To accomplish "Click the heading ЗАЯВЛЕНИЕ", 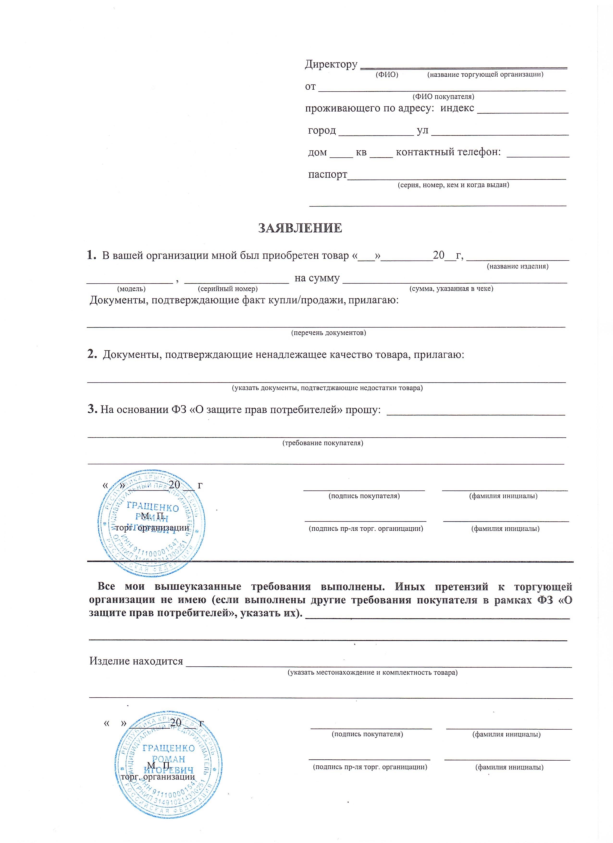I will click(x=300, y=228).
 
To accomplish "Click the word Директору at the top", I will click(x=331, y=64).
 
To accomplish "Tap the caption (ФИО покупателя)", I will click(x=443, y=97).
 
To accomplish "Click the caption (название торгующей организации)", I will click(x=485, y=74).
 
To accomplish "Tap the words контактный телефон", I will click(x=448, y=152).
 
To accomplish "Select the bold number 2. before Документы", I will click(x=92, y=354).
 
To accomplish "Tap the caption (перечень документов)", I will click(x=328, y=333).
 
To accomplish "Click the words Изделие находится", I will click(x=136, y=661).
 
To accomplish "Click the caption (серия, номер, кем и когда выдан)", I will click(x=453, y=185).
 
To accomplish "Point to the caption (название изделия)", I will click(x=517, y=266).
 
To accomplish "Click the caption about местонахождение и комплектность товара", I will click(x=372, y=672).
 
